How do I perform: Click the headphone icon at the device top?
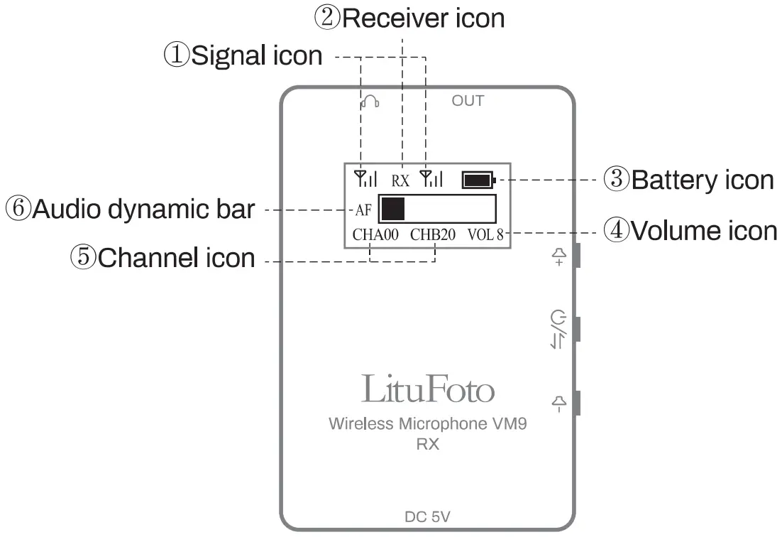click(x=370, y=102)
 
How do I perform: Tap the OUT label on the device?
click(x=468, y=101)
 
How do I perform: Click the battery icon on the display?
click(x=478, y=180)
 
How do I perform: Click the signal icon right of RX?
click(x=431, y=178)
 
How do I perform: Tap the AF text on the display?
click(x=363, y=210)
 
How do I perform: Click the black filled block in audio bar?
click(x=392, y=209)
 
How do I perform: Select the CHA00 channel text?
click(x=375, y=235)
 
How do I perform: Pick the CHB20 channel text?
click(x=433, y=235)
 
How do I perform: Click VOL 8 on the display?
click(x=485, y=235)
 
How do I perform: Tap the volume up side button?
click(x=578, y=256)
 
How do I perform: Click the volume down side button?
click(x=578, y=403)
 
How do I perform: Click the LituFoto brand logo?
click(x=427, y=389)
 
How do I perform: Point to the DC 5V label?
click(x=426, y=516)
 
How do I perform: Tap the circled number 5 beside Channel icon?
click(x=84, y=257)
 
